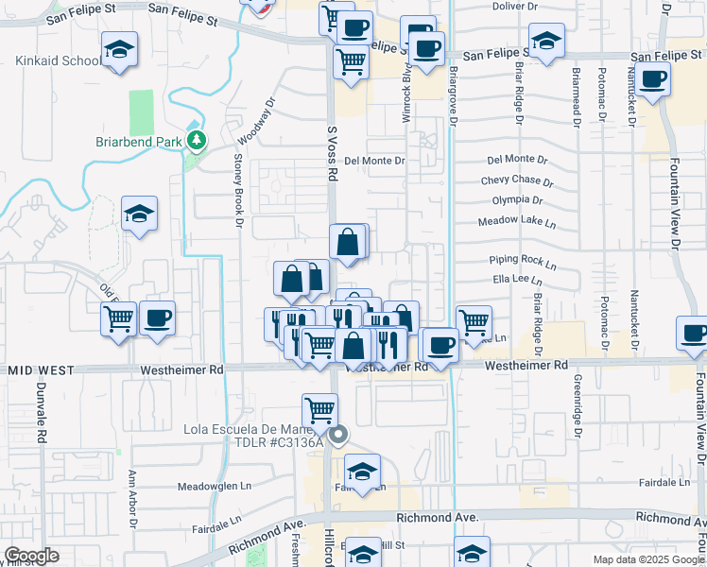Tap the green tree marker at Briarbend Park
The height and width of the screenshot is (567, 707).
pos(197,142)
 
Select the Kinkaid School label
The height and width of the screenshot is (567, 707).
pos(59,61)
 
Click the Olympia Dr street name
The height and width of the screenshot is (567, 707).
pos(517,200)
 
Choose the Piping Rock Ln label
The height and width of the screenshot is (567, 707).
pos(518,259)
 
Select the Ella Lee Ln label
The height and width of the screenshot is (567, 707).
pos(516,280)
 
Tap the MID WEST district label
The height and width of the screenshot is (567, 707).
pos(35,370)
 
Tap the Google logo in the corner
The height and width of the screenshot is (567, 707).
pos(31,556)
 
